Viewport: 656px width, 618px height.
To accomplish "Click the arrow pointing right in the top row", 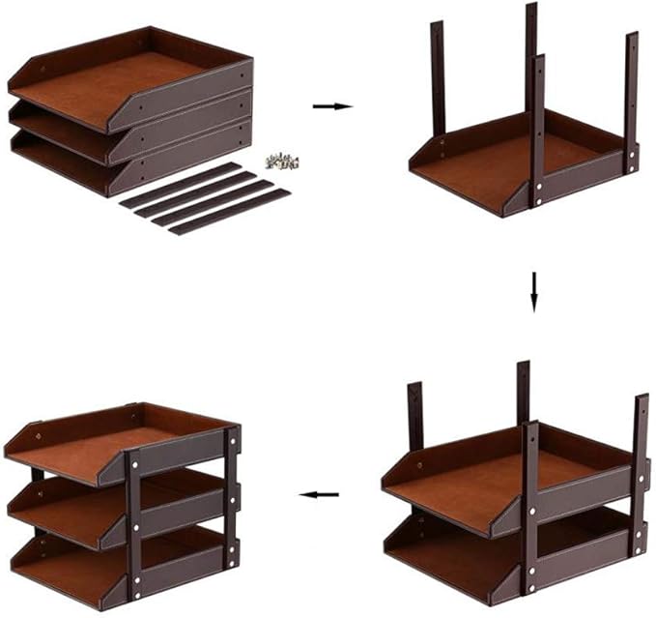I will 332,106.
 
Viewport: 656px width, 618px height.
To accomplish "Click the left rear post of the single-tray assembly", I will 437,77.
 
